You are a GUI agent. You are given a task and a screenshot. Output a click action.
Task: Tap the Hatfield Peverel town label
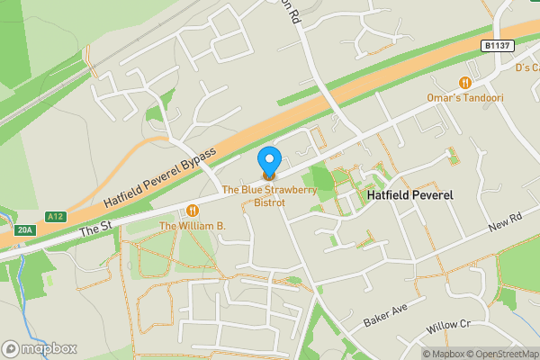409,195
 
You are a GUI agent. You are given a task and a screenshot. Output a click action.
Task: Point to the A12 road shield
56,217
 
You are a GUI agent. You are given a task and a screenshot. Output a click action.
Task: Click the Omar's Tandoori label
465,98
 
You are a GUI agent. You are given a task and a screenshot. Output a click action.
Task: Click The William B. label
191,225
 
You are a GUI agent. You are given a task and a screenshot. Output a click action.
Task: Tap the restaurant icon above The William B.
191,211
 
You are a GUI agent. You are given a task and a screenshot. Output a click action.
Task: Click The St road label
94,229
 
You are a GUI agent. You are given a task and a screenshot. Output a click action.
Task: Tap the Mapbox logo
40,348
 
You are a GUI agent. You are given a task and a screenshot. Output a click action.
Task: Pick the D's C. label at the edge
526,68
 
